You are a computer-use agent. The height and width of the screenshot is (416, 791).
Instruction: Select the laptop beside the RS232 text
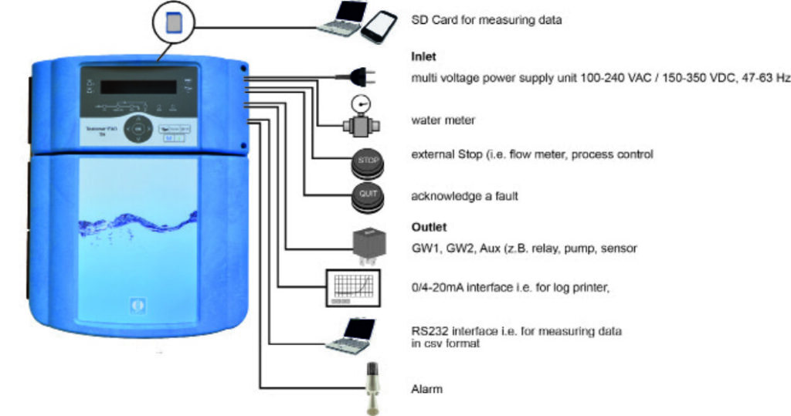[x=351, y=334]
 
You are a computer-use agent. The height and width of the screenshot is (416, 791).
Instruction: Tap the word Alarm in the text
[x=426, y=390]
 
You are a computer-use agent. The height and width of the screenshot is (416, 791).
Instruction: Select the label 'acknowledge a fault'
[x=463, y=197]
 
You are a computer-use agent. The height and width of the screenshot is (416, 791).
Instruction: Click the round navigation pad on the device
[x=137, y=130]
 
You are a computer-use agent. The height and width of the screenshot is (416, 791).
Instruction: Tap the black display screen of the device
[x=139, y=86]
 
